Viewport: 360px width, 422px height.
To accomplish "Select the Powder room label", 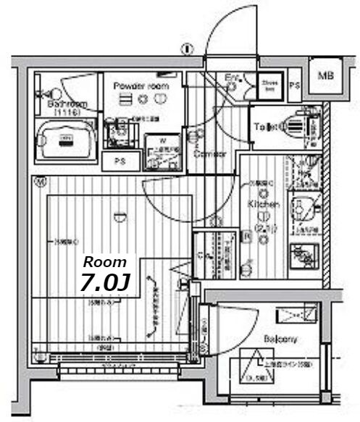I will coord(141,86).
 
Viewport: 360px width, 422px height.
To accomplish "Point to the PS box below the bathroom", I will coord(119,161).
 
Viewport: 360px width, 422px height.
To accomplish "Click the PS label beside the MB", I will coord(294,86).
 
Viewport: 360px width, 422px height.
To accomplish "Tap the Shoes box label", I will coord(270,86).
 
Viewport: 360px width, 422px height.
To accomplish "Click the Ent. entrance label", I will coord(232,77).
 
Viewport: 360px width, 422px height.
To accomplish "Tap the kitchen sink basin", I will coord(304,208).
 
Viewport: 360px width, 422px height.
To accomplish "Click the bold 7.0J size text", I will coord(106,282).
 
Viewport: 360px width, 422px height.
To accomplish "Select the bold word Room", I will coord(105,262).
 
